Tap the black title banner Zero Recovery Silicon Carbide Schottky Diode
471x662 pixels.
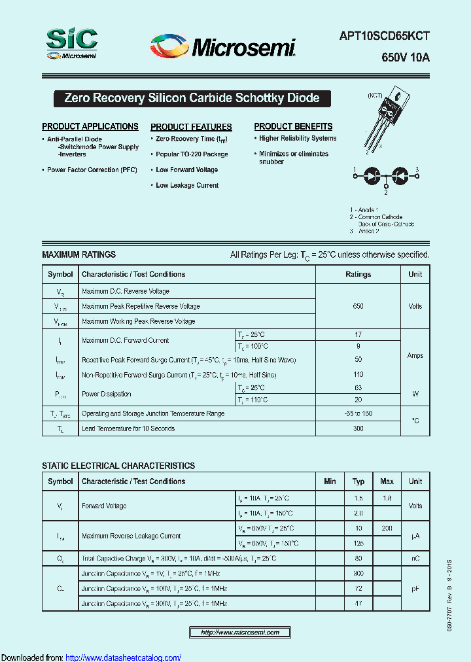[x=192, y=98]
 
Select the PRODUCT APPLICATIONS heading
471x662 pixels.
[x=90, y=126]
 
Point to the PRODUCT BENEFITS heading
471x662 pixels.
[x=293, y=126]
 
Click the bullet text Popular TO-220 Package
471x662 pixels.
[x=192, y=154]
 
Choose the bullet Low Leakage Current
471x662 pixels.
[x=187, y=186]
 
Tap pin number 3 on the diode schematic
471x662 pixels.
[x=417, y=170]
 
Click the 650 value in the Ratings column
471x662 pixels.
[x=358, y=306]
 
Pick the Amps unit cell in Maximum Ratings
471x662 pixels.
[x=415, y=356]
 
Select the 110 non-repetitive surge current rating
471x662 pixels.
[x=358, y=375]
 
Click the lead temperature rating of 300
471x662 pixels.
[x=358, y=428]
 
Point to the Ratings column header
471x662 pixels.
[x=358, y=275]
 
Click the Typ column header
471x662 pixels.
[x=358, y=481]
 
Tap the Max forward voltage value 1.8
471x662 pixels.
[x=387, y=498]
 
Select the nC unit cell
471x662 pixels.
[x=415, y=559]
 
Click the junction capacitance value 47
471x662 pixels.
[x=358, y=603]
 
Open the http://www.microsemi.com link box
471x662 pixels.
[x=240, y=633]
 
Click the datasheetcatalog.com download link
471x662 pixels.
[x=124, y=657]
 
